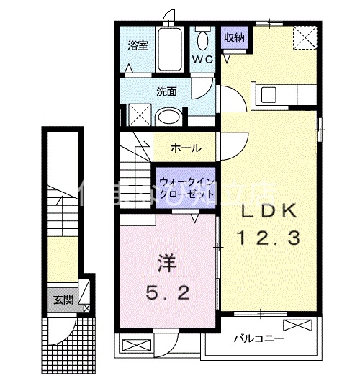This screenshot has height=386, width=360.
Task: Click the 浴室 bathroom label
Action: pos(138,46)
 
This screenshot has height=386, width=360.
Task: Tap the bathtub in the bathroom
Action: pos(170,49)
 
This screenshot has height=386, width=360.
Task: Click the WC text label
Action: pos(202,60)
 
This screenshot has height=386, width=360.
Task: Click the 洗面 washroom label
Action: pos(167,91)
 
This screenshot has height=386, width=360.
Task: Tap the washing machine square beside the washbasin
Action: pos(138,115)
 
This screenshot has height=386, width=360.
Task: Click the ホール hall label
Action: pos(185,148)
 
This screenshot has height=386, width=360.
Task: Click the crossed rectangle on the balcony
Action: pos(304,326)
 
